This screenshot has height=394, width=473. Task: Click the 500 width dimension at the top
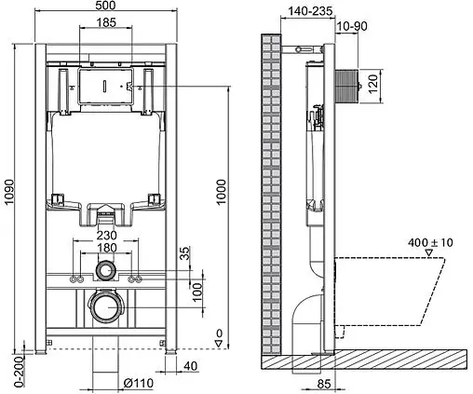(105, 7)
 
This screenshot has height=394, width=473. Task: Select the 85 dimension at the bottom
(325, 382)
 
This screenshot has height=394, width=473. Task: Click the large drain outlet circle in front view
(106, 306)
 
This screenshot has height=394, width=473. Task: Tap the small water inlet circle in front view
(106, 272)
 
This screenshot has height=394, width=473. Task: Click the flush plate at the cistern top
(106, 86)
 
